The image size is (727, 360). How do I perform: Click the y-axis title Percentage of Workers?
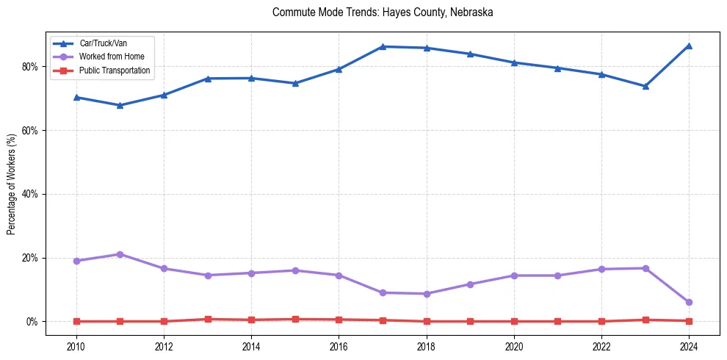point(12,184)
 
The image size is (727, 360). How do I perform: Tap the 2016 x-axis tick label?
point(339,346)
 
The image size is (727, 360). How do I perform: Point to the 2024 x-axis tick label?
point(689,346)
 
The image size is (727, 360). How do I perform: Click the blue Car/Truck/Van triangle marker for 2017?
point(382,46)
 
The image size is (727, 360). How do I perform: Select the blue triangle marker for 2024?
point(689,46)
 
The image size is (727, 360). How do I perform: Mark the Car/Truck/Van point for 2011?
point(120,105)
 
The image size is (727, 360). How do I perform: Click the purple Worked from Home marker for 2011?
point(120,254)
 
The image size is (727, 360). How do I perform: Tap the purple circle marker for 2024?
point(689,302)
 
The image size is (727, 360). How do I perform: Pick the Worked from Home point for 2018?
point(426,294)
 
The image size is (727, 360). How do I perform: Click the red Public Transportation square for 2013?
point(207,320)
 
